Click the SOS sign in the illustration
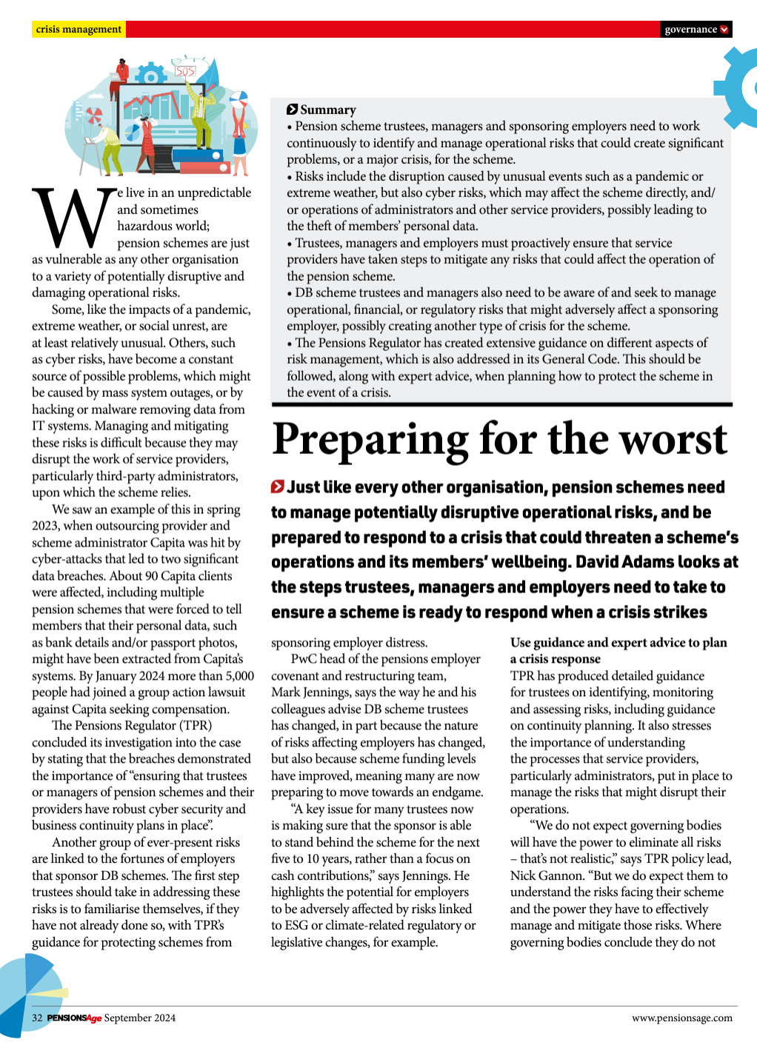(x=185, y=71)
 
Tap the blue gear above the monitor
(x=152, y=76)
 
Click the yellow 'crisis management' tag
(x=79, y=30)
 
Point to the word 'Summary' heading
(x=328, y=110)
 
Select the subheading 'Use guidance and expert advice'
(x=618, y=643)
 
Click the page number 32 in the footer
(x=37, y=1018)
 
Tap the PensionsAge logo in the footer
(x=74, y=1018)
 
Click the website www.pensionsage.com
(x=681, y=1018)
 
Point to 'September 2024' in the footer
(x=140, y=1018)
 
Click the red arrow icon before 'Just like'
(x=278, y=487)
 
